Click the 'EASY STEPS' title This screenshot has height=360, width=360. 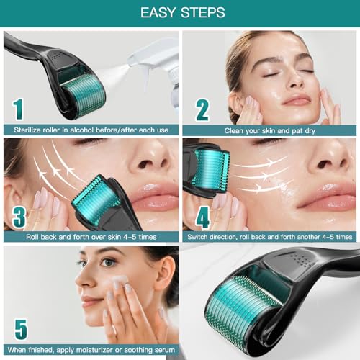pos(179,13)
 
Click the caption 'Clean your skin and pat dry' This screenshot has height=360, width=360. pos(268,130)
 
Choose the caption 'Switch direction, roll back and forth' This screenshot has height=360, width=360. pos(268,236)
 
